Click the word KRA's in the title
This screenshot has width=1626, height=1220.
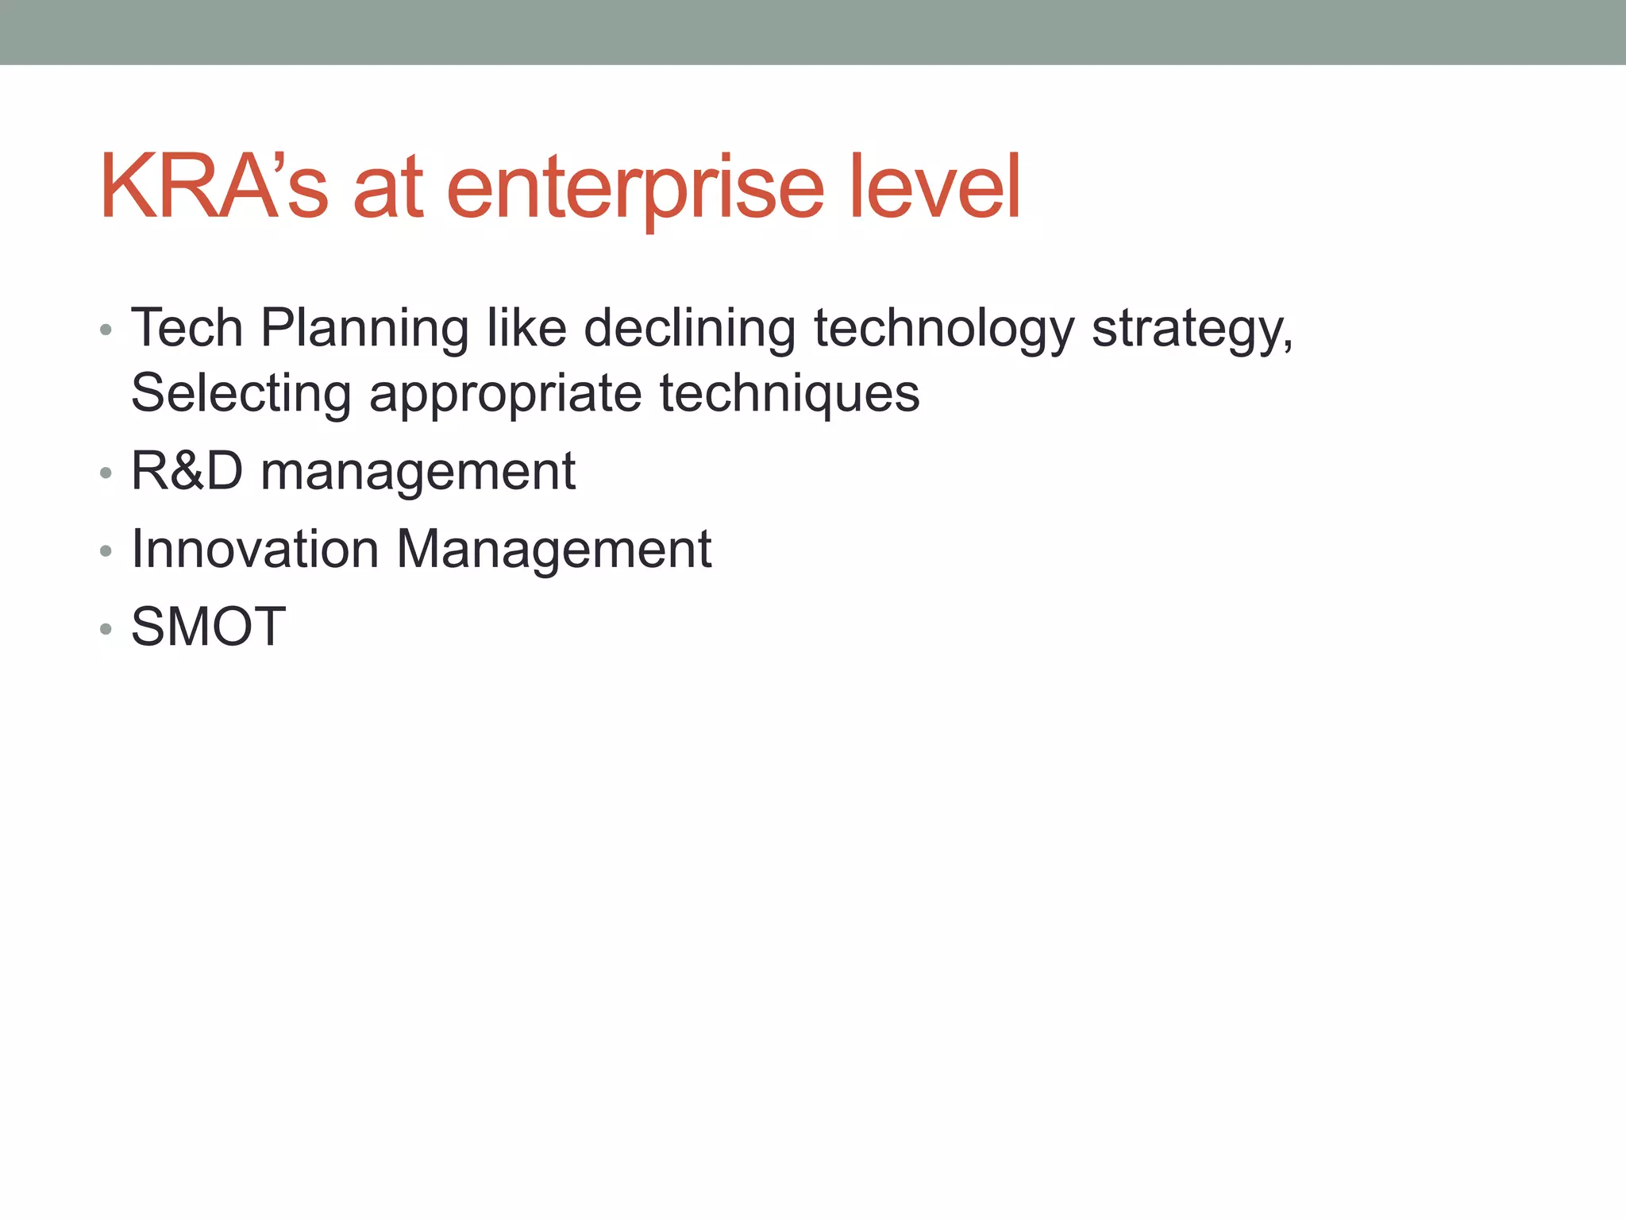[x=213, y=187]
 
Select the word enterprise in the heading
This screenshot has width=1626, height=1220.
[x=636, y=187]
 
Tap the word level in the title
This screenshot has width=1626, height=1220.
[x=934, y=187]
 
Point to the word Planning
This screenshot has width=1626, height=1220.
[x=364, y=329]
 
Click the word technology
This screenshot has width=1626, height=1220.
[x=944, y=329]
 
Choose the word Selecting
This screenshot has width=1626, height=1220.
[x=241, y=394]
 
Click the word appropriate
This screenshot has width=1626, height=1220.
[x=505, y=394]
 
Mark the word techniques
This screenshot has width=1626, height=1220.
[x=789, y=394]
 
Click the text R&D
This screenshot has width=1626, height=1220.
[x=187, y=470]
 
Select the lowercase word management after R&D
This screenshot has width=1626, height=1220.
[x=418, y=472]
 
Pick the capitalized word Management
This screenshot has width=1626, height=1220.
[x=553, y=550]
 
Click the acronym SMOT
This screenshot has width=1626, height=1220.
[x=208, y=627]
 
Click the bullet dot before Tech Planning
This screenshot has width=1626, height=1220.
[x=106, y=330]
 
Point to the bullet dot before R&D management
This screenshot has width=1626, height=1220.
[x=106, y=473]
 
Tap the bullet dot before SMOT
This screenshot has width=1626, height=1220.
[x=106, y=630]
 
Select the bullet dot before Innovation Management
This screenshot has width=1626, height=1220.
[x=106, y=551]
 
